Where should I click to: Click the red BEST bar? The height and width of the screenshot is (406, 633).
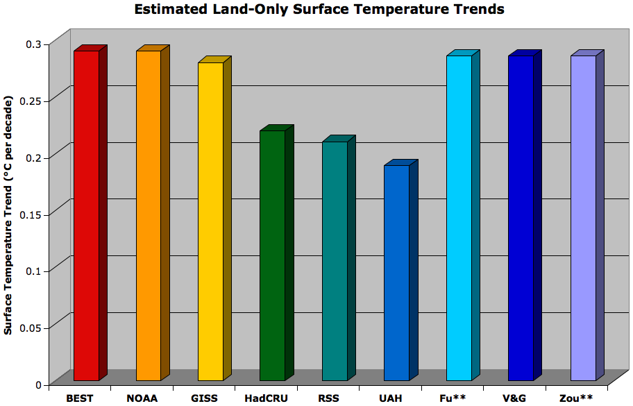(x=86, y=215)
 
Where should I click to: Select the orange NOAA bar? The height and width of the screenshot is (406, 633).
(x=148, y=215)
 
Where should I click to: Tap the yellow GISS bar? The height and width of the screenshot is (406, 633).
(x=210, y=221)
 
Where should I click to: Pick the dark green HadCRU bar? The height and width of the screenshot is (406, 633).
(x=272, y=255)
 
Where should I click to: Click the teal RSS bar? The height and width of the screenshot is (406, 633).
(x=335, y=261)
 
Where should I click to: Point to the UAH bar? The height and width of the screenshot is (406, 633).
(x=396, y=272)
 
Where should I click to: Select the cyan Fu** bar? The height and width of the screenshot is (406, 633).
(x=459, y=218)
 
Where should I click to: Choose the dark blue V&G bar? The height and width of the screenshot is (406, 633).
(x=521, y=218)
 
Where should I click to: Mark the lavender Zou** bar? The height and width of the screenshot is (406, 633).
(x=583, y=218)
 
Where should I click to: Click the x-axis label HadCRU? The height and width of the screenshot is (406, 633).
(x=267, y=398)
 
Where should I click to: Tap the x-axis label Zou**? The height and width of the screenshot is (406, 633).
(x=576, y=398)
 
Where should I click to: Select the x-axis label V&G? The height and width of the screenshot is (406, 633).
(x=514, y=398)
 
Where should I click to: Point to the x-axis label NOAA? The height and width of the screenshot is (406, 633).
(x=142, y=398)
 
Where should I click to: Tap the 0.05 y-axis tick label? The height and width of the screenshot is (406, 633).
(x=32, y=328)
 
